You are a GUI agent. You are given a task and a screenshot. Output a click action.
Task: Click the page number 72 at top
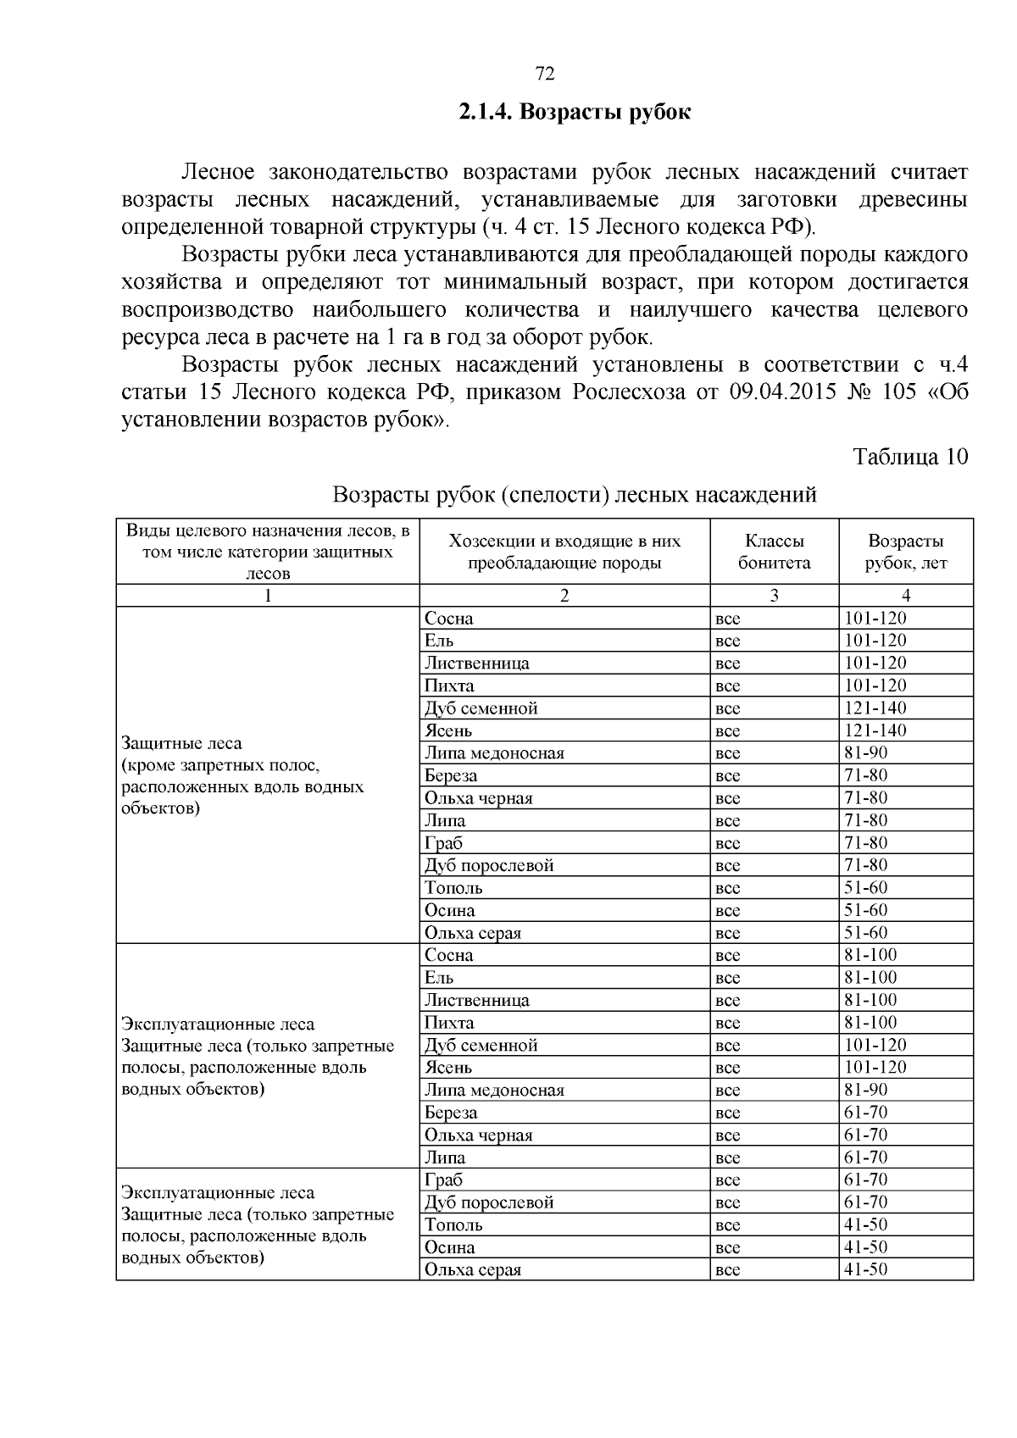(x=545, y=75)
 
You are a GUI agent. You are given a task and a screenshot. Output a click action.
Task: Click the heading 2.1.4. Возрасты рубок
(x=575, y=112)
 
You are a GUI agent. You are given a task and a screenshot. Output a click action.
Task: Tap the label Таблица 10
(x=909, y=457)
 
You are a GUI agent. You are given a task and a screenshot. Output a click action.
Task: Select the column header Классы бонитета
(x=774, y=552)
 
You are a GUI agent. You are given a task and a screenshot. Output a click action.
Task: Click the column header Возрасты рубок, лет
(x=905, y=552)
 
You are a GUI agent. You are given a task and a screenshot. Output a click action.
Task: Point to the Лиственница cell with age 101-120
(x=477, y=663)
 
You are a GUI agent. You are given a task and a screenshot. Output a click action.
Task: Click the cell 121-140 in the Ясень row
(x=875, y=730)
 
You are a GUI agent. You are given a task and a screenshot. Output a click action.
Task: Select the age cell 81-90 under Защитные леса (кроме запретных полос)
(x=864, y=753)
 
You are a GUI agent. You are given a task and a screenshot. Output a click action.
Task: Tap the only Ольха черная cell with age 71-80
(x=479, y=798)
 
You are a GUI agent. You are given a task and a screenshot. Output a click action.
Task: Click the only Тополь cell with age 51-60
(x=454, y=888)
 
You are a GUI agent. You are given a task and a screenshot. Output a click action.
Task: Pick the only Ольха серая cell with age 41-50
(x=473, y=1270)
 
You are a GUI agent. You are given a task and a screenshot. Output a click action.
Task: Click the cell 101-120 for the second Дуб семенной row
(x=875, y=1045)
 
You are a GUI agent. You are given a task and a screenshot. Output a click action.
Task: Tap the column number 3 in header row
(x=774, y=596)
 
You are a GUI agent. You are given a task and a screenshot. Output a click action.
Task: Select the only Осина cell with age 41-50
(x=450, y=1247)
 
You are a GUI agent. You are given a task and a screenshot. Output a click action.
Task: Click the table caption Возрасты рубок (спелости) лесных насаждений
(x=575, y=494)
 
